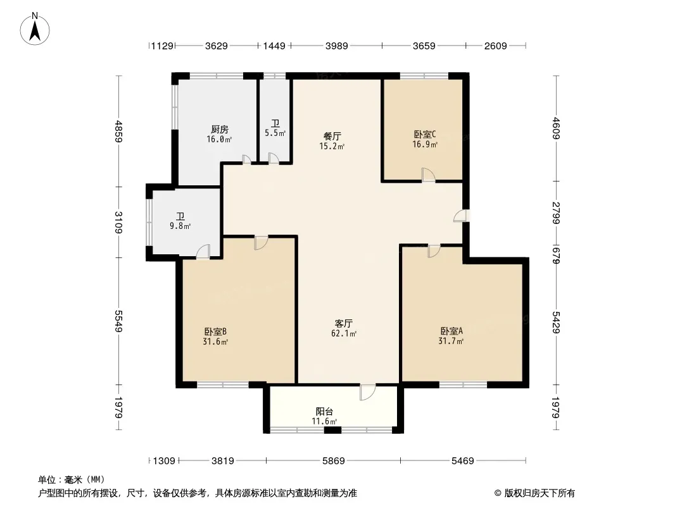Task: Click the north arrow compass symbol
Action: pyautogui.click(x=35, y=29)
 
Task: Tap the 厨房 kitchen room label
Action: pyautogui.click(x=220, y=129)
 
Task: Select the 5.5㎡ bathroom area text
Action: pyautogui.click(x=275, y=133)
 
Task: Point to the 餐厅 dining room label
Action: pyautogui.click(x=332, y=136)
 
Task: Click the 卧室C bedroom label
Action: pyautogui.click(x=424, y=135)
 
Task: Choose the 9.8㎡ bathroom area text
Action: pyautogui.click(x=180, y=226)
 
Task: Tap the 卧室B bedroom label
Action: pyautogui.click(x=215, y=331)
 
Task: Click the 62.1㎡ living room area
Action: pyautogui.click(x=344, y=333)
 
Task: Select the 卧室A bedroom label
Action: pyautogui.click(x=451, y=331)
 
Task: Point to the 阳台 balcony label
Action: pyautogui.click(x=324, y=411)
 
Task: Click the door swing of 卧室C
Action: pyautogui.click(x=428, y=175)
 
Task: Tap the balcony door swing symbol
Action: pyautogui.click(x=367, y=392)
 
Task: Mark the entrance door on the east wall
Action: pyautogui.click(x=460, y=216)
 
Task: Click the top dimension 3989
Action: pyautogui.click(x=337, y=46)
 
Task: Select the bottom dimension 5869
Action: pyautogui.click(x=334, y=461)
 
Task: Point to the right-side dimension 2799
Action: pyautogui.click(x=555, y=213)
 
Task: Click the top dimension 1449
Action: pyautogui.click(x=274, y=46)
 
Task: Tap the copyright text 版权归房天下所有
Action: pyautogui.click(x=539, y=493)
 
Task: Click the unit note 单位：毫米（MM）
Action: pyautogui.click(x=72, y=480)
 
